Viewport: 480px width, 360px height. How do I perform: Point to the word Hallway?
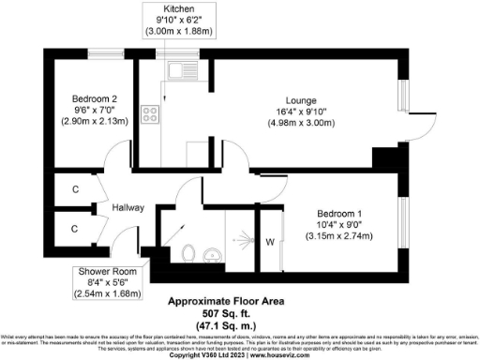pos(127,207)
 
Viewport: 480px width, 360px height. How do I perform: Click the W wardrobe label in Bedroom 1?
pos(270,243)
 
